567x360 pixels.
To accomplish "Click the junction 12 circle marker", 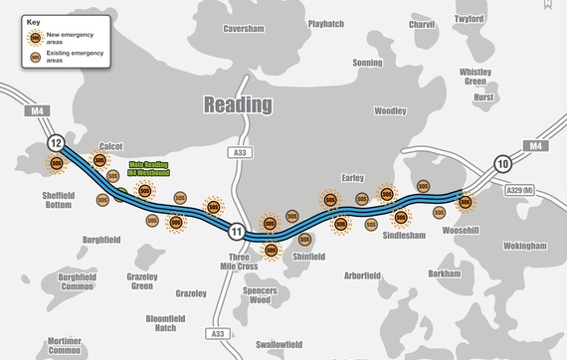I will click(x=59, y=142).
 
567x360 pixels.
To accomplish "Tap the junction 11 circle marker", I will click(x=236, y=232).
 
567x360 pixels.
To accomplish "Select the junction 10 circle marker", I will click(x=503, y=164).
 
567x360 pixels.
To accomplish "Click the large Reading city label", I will click(x=239, y=104).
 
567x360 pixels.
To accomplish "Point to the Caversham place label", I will click(x=245, y=30).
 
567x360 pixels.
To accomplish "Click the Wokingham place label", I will click(x=525, y=246).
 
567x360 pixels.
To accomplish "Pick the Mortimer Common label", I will click(x=65, y=344).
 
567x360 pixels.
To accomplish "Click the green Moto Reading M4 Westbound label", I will click(x=150, y=169).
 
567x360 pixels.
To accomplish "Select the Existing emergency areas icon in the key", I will click(x=36, y=58).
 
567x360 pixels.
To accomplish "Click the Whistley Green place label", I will click(x=475, y=78).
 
